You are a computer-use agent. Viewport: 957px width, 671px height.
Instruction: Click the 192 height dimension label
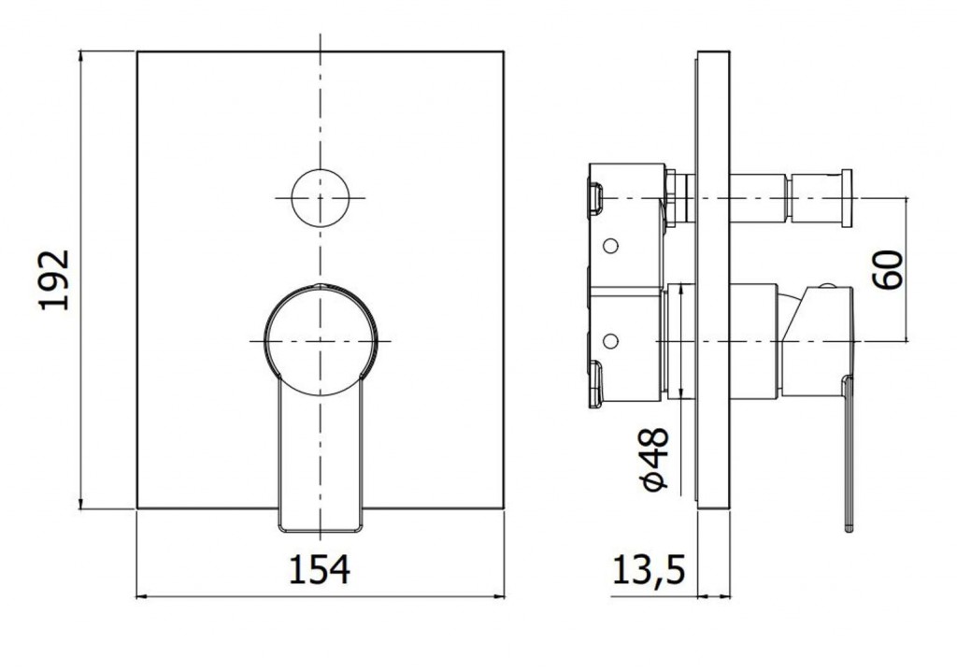[53, 279]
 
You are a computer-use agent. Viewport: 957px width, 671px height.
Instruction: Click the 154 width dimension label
[320, 569]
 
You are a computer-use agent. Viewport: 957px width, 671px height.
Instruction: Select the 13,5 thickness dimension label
[649, 569]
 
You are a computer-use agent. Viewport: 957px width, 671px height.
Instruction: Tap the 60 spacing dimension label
[888, 269]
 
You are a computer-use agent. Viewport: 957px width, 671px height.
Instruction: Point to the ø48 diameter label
[655, 459]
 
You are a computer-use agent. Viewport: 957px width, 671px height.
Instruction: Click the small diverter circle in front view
[320, 198]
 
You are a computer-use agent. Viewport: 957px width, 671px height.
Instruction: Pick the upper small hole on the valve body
[609, 246]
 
